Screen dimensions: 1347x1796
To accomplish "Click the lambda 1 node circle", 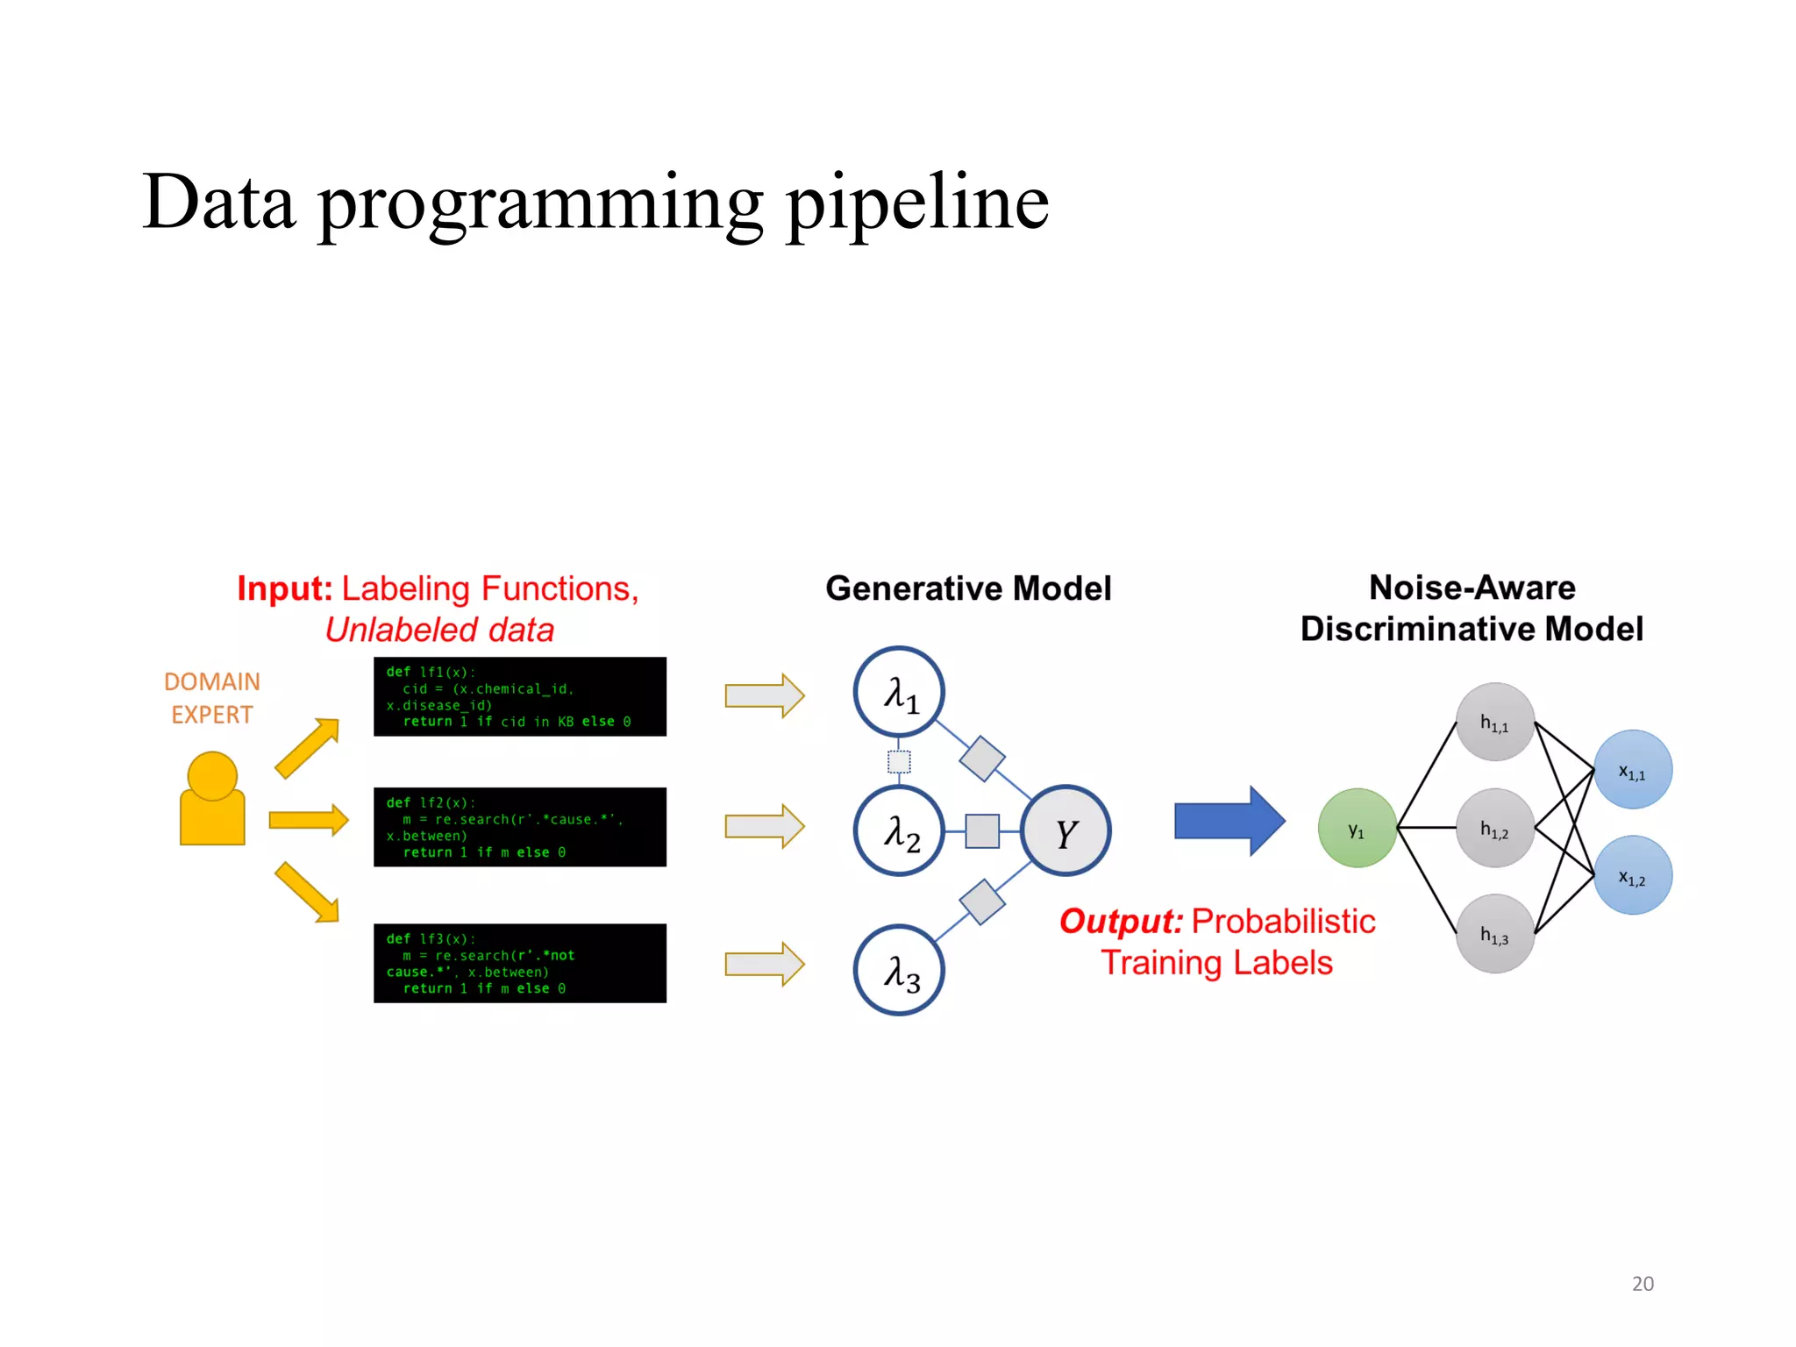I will (899, 692).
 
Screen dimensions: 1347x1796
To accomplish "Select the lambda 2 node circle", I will (899, 830).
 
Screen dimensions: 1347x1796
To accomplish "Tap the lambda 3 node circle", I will (899, 970).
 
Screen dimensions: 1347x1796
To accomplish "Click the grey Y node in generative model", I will (1065, 830).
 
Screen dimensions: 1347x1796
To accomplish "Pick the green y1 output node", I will (1357, 828).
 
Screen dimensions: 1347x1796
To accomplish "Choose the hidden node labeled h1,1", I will (1494, 722).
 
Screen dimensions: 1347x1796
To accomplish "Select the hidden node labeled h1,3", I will (1494, 934).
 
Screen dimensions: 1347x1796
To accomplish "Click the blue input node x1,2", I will (1632, 875).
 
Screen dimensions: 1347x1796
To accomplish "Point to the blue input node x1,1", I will (1632, 770).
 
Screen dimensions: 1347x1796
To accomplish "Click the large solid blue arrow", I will (1228, 821).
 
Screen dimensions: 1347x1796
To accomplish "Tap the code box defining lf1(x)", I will (519, 696).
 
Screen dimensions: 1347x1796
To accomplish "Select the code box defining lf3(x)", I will (519, 963).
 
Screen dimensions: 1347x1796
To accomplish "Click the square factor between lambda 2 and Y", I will (982, 830).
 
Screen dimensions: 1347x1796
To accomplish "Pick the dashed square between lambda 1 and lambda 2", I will (899, 761).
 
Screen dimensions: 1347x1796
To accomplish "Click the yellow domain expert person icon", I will (212, 800).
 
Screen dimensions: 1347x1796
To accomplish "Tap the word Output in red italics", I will (1121, 922).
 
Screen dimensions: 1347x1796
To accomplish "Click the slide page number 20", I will (1643, 1284).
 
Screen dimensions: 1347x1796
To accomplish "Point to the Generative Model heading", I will (968, 588).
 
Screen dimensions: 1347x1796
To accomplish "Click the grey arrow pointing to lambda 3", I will (764, 965).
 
